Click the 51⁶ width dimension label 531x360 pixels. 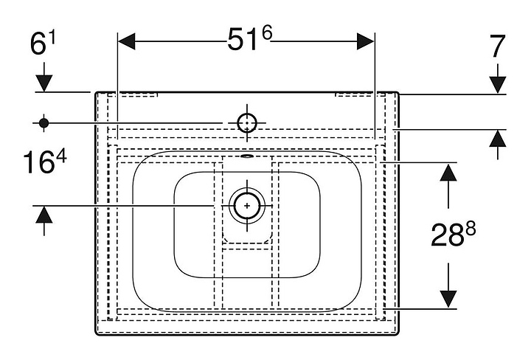(x=250, y=39)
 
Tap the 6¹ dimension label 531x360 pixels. (x=43, y=43)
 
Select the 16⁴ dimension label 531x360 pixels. (x=45, y=162)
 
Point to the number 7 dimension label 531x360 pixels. (x=497, y=46)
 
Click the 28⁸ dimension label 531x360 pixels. (x=453, y=234)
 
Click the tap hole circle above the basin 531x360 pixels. (x=247, y=123)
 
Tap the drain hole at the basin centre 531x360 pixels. (x=247, y=206)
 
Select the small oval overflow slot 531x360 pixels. (x=247, y=156)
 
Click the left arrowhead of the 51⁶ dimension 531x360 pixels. (x=127, y=41)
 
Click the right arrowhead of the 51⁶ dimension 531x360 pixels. (x=366, y=41)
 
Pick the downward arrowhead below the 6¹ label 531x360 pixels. (x=44, y=83)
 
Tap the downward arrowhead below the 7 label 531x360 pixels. (x=498, y=85)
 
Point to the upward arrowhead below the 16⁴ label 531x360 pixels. (x=44, y=215)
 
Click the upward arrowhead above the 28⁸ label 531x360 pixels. (x=448, y=173)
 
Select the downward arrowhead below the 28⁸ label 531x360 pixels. (x=448, y=300)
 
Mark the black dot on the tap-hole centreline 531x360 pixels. (x=44, y=123)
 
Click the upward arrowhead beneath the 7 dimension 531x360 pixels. (x=498, y=139)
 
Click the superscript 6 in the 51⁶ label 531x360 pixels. (x=267, y=33)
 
